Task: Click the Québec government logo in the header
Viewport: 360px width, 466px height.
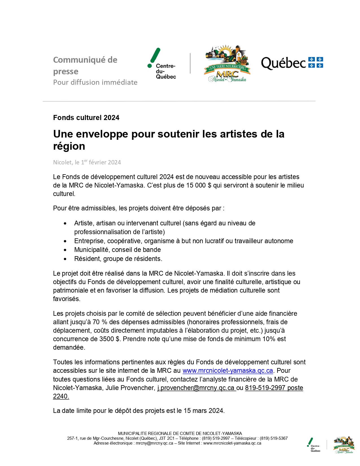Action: [292, 63]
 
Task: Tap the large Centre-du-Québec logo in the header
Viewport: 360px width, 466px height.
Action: [162, 64]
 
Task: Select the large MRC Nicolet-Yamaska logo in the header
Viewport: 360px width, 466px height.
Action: [227, 64]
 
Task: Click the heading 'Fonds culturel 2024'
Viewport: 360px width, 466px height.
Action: [86, 118]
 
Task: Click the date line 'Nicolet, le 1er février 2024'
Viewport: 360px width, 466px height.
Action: [87, 162]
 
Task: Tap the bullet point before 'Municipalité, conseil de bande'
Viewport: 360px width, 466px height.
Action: [65, 250]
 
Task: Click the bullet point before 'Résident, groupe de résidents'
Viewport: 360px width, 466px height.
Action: [65, 259]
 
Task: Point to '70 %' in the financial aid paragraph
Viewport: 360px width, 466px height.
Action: [100, 322]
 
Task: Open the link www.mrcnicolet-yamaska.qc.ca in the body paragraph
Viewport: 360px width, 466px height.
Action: [228, 371]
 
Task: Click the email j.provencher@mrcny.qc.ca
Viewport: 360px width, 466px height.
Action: [196, 388]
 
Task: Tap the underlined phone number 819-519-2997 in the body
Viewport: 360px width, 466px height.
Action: [265, 388]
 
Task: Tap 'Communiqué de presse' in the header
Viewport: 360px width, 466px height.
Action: [85, 66]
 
